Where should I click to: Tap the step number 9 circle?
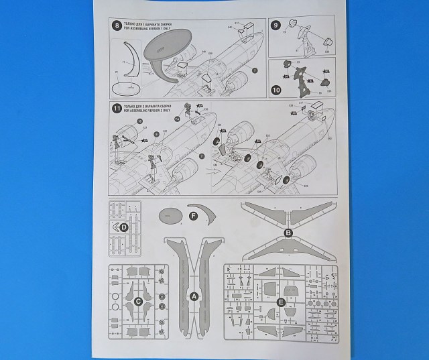point(275,26)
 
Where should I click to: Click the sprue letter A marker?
point(194,296)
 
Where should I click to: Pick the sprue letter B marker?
point(288,233)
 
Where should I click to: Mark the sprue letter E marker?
point(282,302)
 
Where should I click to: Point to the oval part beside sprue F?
point(170,216)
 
